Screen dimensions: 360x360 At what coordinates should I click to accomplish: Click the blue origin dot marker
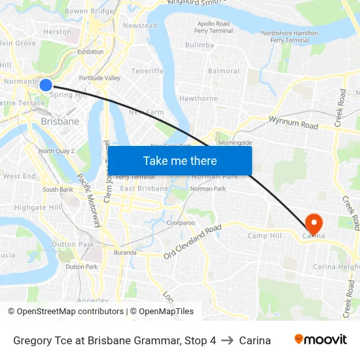[46, 84]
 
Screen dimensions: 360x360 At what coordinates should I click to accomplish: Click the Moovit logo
[321, 340]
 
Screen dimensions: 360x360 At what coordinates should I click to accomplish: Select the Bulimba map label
[199, 45]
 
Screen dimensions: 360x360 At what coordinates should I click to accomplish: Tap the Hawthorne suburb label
[198, 99]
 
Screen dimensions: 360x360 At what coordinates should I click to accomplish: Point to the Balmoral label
[223, 71]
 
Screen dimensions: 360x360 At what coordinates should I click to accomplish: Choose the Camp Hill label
[264, 236]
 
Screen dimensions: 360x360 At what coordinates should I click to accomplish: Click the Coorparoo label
[181, 223]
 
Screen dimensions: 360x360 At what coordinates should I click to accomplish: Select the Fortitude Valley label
[99, 78]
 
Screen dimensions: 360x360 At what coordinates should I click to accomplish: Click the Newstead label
[140, 26]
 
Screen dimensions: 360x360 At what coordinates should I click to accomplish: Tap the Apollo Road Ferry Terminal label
[213, 27]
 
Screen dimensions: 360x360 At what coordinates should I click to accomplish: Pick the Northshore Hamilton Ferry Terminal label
[289, 37]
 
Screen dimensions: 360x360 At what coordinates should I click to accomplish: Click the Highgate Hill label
[38, 207]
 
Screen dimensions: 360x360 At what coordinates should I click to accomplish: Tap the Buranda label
[125, 253]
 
